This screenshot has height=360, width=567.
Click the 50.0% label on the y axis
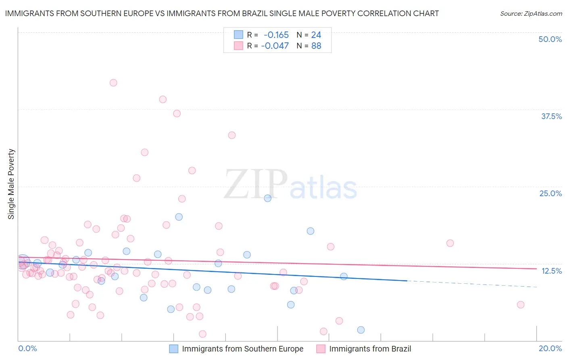(x=550, y=39)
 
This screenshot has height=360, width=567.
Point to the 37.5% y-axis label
(x=551, y=116)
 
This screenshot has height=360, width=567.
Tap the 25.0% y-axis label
(x=550, y=193)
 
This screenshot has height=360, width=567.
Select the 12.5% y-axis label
(x=551, y=271)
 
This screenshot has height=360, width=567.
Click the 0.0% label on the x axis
(x=27, y=348)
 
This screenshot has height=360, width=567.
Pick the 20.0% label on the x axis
(x=550, y=348)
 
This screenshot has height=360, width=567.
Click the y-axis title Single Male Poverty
(x=11, y=184)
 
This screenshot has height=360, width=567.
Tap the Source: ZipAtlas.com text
(x=531, y=13)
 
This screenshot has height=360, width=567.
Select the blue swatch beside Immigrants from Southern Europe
(x=173, y=349)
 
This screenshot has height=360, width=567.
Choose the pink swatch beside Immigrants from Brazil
(x=321, y=349)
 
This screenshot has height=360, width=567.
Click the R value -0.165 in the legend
(x=276, y=35)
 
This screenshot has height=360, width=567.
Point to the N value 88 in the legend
(x=316, y=46)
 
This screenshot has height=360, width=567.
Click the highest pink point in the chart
(x=113, y=83)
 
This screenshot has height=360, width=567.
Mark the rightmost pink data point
(x=521, y=305)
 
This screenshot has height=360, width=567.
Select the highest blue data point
(x=267, y=198)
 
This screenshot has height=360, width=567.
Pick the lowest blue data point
(x=361, y=330)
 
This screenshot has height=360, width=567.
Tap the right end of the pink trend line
(x=536, y=268)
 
